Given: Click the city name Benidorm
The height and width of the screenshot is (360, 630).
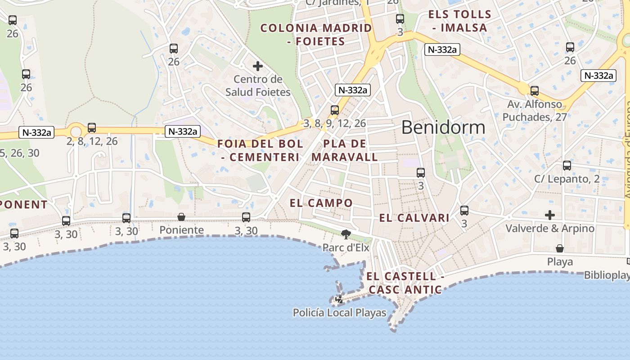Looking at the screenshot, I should pyautogui.click(x=443, y=127).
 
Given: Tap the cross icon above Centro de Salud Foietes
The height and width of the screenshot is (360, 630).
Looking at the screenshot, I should pyautogui.click(x=258, y=67).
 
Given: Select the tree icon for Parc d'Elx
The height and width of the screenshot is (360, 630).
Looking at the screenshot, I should pyautogui.click(x=346, y=234).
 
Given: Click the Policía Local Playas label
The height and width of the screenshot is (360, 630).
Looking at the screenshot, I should pyautogui.click(x=339, y=312).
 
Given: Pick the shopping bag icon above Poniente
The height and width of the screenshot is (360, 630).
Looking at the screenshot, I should pyautogui.click(x=181, y=217).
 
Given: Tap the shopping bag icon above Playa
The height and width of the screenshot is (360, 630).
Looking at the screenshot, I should pyautogui.click(x=560, y=248).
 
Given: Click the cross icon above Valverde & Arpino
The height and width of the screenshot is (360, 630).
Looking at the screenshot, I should pyautogui.click(x=549, y=215).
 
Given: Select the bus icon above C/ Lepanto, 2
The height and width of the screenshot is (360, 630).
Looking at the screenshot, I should pyautogui.click(x=567, y=166).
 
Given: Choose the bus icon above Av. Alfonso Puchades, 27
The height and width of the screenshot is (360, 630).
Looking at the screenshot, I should pyautogui.click(x=535, y=91).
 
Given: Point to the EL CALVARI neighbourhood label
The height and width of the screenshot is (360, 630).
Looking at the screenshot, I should pyautogui.click(x=414, y=218).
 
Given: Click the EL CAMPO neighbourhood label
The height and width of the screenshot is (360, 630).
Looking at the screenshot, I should pyautogui.click(x=321, y=203).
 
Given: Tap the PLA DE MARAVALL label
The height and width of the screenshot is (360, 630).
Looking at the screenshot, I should pyautogui.click(x=345, y=150).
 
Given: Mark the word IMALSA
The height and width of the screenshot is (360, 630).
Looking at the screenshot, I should pyautogui.click(x=466, y=28).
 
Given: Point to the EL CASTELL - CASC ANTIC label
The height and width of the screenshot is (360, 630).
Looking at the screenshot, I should pyautogui.click(x=405, y=283).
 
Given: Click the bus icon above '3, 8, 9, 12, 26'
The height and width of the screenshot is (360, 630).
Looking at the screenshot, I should pyautogui.click(x=334, y=110).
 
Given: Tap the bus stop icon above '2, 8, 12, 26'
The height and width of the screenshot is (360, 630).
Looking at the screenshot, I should pyautogui.click(x=92, y=128).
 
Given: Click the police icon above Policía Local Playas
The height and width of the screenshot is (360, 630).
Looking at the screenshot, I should pyautogui.click(x=339, y=299).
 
